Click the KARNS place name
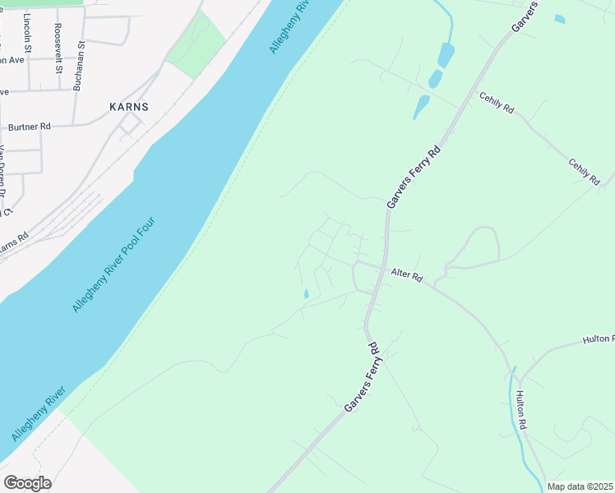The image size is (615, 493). click(x=128, y=107)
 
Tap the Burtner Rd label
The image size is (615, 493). click(x=29, y=127)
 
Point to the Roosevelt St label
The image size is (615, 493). click(x=58, y=48)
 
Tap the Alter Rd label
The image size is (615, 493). click(x=406, y=276)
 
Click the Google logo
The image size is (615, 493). click(x=27, y=483)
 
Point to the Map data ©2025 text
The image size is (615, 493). click(x=580, y=486)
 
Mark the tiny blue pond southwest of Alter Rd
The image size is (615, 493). click(x=306, y=293)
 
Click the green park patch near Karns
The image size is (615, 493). click(x=197, y=44)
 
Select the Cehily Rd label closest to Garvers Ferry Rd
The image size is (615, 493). click(x=497, y=102)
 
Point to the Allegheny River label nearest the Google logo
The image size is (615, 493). click(x=38, y=418)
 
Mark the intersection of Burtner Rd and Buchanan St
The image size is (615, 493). click(x=72, y=124)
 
